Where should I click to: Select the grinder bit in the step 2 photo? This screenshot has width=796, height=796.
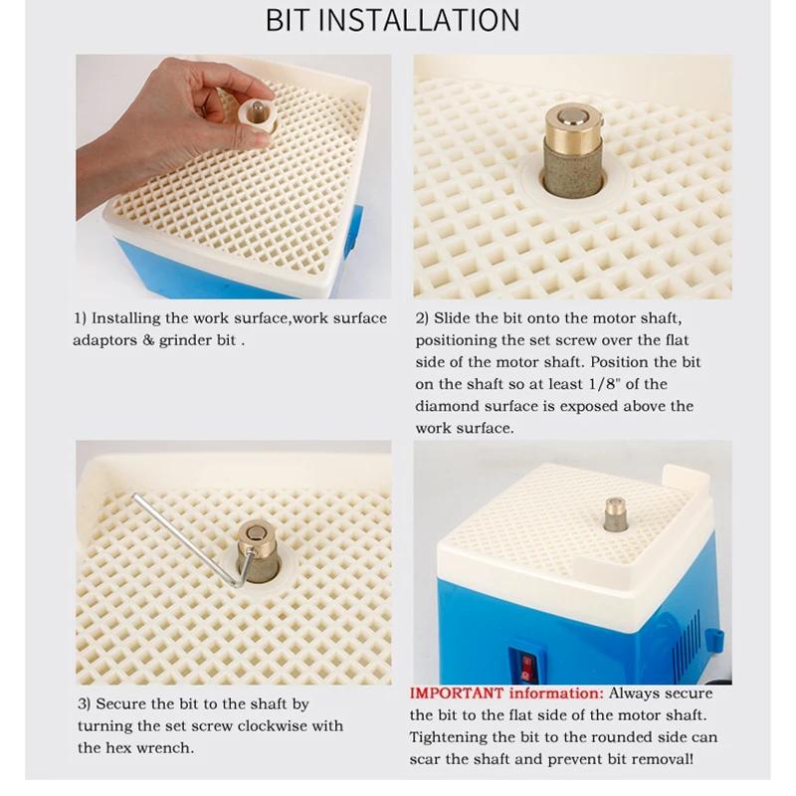[570, 149]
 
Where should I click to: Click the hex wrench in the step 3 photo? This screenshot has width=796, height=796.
[189, 537]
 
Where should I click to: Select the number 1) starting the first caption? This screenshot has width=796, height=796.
[81, 318]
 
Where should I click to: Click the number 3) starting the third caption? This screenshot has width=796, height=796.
[84, 703]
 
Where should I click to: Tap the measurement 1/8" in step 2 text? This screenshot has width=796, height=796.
[611, 384]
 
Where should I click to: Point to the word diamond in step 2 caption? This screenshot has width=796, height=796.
[444, 406]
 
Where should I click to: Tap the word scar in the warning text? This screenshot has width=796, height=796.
[430, 760]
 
